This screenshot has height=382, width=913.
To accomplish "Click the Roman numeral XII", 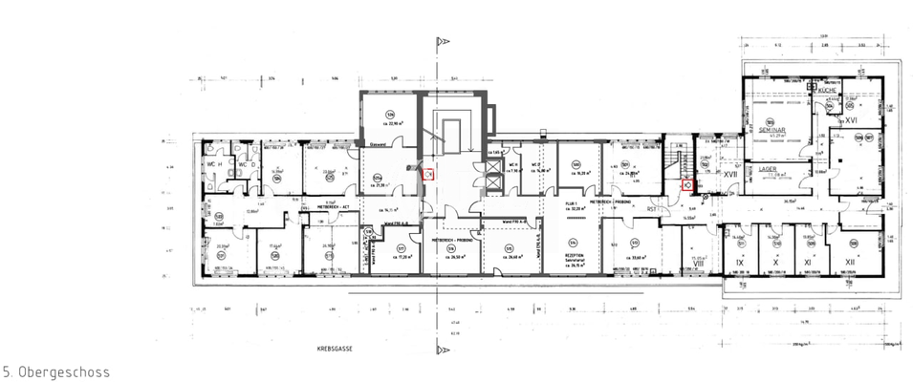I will [849, 261].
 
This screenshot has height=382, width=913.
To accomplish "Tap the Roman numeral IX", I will [738, 261].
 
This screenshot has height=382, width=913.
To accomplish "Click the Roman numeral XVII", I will [729, 175].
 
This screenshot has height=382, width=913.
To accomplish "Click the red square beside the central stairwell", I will [429, 174].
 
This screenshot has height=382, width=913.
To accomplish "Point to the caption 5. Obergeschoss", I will [56, 371].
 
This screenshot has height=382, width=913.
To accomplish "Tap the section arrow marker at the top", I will [441, 42].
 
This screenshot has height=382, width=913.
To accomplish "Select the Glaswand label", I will [380, 144].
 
